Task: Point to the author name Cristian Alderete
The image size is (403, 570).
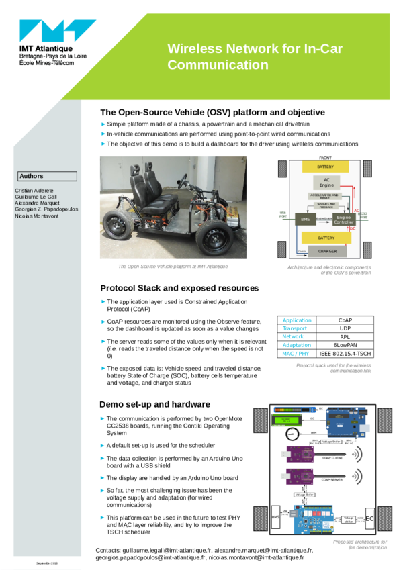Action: [34, 191]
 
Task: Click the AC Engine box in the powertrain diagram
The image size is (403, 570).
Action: [326, 182]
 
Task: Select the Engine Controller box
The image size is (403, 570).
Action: [343, 219]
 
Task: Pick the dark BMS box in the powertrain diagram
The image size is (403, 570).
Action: [305, 220]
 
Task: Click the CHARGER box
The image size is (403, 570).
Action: [327, 251]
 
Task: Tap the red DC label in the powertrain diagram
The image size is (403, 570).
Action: [352, 228]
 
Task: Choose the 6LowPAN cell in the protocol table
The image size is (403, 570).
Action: [345, 345]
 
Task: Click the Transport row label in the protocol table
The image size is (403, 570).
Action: [295, 329]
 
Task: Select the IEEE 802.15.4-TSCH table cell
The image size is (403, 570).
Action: [345, 353]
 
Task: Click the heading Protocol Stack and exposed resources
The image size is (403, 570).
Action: [179, 288]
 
